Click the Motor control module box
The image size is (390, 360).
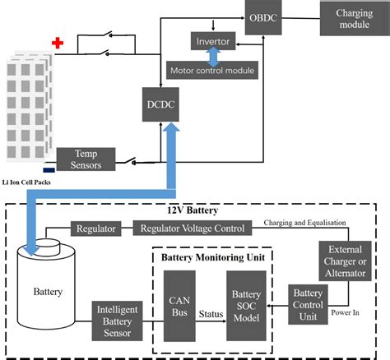point(211,70)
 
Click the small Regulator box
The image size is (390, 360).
point(96,228)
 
